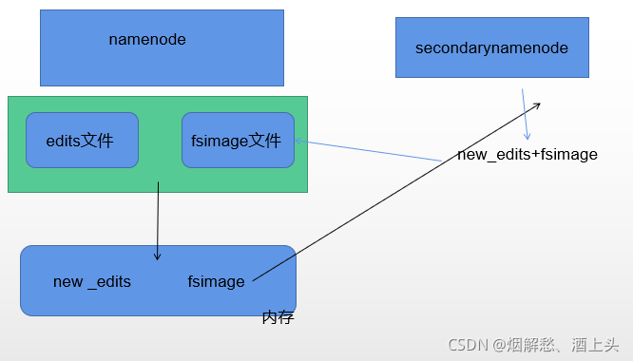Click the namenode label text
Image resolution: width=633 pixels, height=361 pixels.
point(147,40)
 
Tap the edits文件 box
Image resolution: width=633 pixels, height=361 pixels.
point(82,141)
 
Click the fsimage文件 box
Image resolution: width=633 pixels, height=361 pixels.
point(238,141)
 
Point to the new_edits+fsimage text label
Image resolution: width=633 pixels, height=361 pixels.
point(527,154)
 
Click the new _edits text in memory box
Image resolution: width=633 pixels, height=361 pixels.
point(92,281)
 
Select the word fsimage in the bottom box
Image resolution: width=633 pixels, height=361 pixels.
point(216,281)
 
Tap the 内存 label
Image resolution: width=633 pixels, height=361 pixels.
point(278,317)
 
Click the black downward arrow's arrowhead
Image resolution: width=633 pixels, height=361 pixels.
point(157,256)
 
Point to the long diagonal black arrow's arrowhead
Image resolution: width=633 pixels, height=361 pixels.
point(537,104)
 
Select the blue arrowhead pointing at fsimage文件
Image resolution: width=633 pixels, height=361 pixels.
point(298,142)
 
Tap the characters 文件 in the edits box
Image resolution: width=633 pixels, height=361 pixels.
point(97,141)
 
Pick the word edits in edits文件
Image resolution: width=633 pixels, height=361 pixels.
point(63,141)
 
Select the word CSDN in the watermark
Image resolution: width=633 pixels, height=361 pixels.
point(468,344)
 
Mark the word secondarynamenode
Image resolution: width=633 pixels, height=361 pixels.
point(491,47)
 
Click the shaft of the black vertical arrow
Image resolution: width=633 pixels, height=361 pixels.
point(157,218)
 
